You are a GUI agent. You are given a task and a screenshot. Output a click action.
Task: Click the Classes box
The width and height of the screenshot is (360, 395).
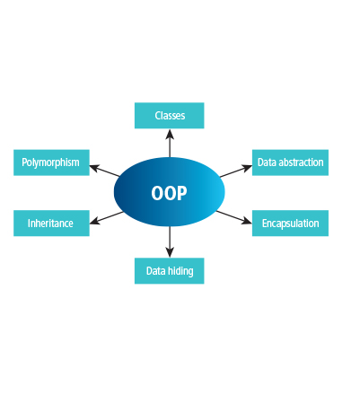pos(170,116)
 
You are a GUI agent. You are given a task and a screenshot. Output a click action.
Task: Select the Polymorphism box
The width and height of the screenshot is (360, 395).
pos(51,162)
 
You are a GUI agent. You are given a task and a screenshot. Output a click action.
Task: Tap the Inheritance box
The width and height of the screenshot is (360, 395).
pos(51,224)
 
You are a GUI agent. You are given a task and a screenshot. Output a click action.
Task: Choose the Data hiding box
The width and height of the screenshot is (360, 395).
pos(170,271)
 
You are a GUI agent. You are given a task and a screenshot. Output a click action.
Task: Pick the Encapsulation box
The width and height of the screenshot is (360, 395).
pos(290,224)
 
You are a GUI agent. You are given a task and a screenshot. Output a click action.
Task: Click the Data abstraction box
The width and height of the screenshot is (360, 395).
pos(290,162)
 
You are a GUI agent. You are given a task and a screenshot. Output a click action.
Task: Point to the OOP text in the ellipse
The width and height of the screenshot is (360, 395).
pos(169,193)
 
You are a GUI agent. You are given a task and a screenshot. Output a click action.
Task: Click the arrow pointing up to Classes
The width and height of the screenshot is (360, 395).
pos(170,143)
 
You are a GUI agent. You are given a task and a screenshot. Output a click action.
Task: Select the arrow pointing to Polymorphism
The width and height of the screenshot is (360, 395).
pos(105,171)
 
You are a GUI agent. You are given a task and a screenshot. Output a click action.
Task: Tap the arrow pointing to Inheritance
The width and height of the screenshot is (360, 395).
pos(106,218)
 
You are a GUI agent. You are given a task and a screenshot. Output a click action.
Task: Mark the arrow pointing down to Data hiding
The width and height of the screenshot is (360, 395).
pos(170,241)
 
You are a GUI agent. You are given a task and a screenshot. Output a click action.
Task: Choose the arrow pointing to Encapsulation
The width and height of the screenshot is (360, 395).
pos(234,217)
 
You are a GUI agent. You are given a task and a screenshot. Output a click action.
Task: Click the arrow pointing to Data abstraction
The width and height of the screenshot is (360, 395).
pos(236,171)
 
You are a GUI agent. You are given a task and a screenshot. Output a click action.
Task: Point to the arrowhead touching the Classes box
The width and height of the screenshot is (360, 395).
pos(170,134)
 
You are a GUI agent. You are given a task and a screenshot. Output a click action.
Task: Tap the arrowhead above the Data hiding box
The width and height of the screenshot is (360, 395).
pos(170,252)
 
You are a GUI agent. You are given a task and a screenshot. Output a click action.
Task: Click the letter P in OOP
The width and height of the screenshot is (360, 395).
pos(181,193)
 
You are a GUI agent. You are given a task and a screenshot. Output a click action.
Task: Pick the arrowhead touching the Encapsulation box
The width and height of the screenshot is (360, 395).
pos(247,221)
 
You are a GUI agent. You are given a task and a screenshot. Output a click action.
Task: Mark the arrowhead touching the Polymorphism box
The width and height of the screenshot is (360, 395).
pos(94,168)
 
